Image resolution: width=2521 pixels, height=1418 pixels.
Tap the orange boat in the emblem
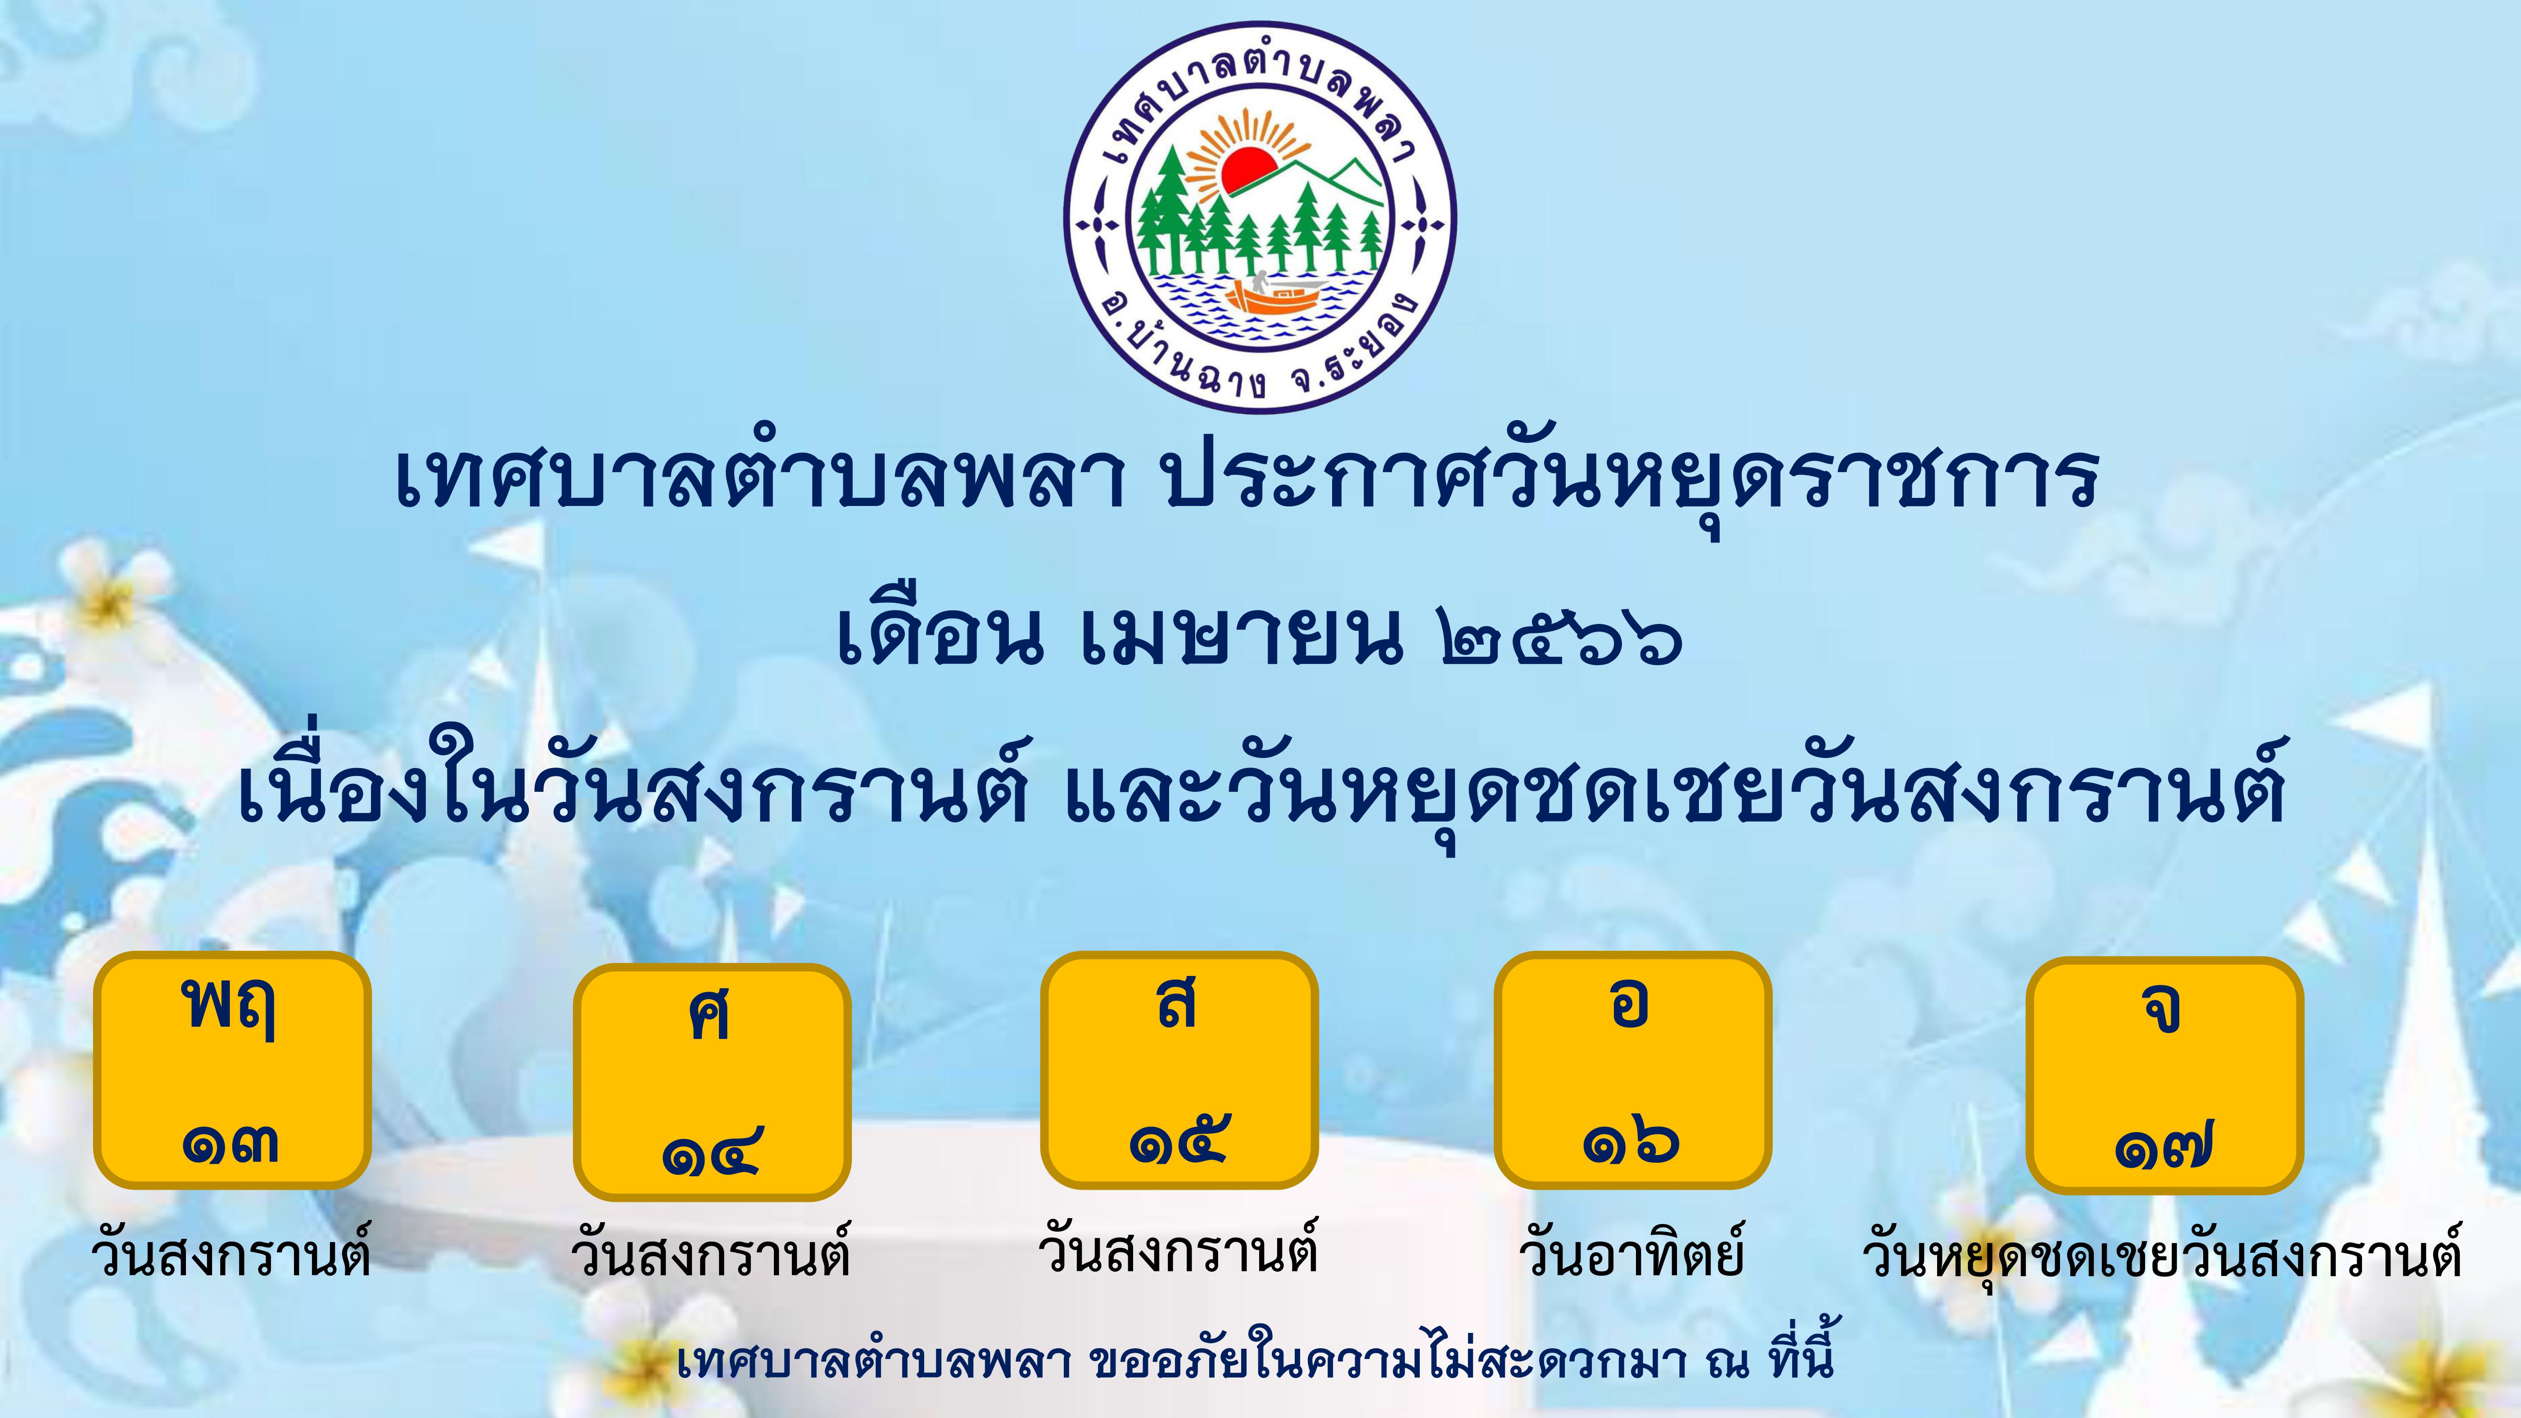click(1272, 297)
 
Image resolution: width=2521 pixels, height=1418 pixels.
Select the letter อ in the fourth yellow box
click(1630, 1003)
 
